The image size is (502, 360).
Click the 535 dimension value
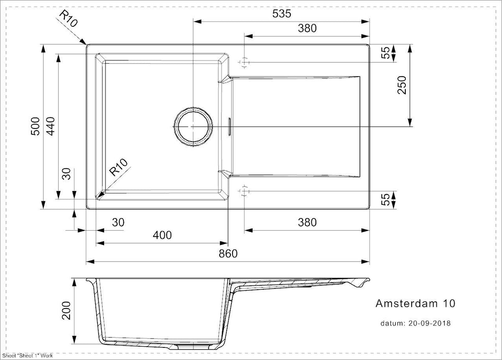coord(282,14)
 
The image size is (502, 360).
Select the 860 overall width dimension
coord(228,254)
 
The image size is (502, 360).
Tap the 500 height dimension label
coord(35,126)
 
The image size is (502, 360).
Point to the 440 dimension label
coord(51,126)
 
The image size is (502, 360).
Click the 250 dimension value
coord(402,85)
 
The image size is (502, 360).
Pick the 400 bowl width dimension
coord(162,235)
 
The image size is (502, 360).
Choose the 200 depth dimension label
coord(67,311)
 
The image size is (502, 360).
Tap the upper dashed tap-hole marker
coord(244,62)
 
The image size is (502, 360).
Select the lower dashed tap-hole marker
coord(244,191)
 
